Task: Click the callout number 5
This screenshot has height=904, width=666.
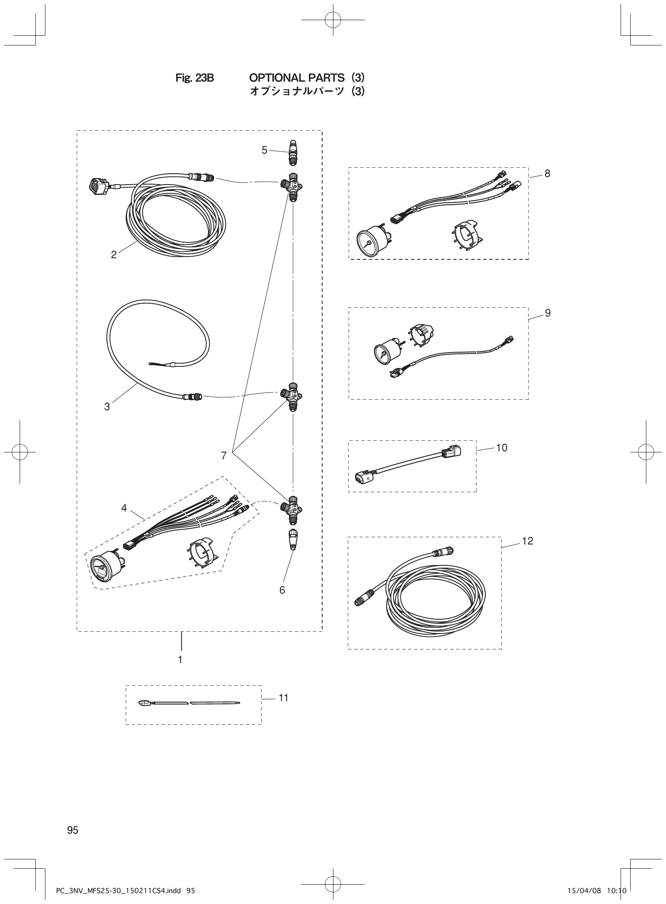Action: [x=264, y=150]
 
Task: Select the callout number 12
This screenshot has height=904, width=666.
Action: [x=527, y=541]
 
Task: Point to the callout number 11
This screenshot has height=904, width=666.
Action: [x=284, y=698]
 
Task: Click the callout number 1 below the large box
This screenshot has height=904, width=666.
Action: [x=180, y=660]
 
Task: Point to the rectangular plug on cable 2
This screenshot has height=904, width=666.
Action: [x=98, y=187]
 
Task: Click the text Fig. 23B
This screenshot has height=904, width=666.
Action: [x=194, y=78]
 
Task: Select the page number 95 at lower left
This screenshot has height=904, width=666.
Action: [x=73, y=830]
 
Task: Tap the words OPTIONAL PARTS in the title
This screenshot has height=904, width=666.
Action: [x=297, y=78]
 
